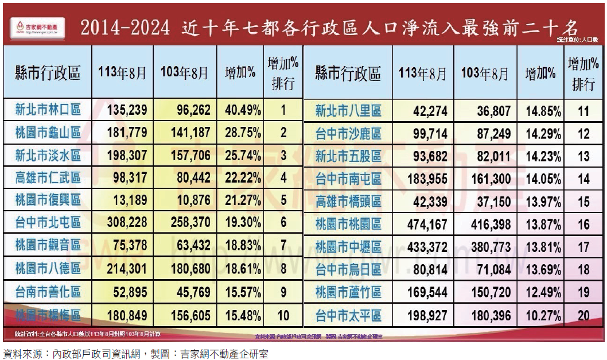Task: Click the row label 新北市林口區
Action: [x=48, y=110]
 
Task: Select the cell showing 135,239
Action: [x=127, y=110]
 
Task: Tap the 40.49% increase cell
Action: [x=241, y=110]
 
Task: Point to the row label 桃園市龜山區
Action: [x=48, y=133]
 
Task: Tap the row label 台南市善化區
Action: [x=48, y=292]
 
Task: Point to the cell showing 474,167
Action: [x=423, y=224]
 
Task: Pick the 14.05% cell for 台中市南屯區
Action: [x=540, y=179]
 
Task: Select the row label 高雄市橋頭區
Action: [x=348, y=202]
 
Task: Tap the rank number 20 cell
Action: [x=583, y=315]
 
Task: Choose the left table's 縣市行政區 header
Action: [x=48, y=73]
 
